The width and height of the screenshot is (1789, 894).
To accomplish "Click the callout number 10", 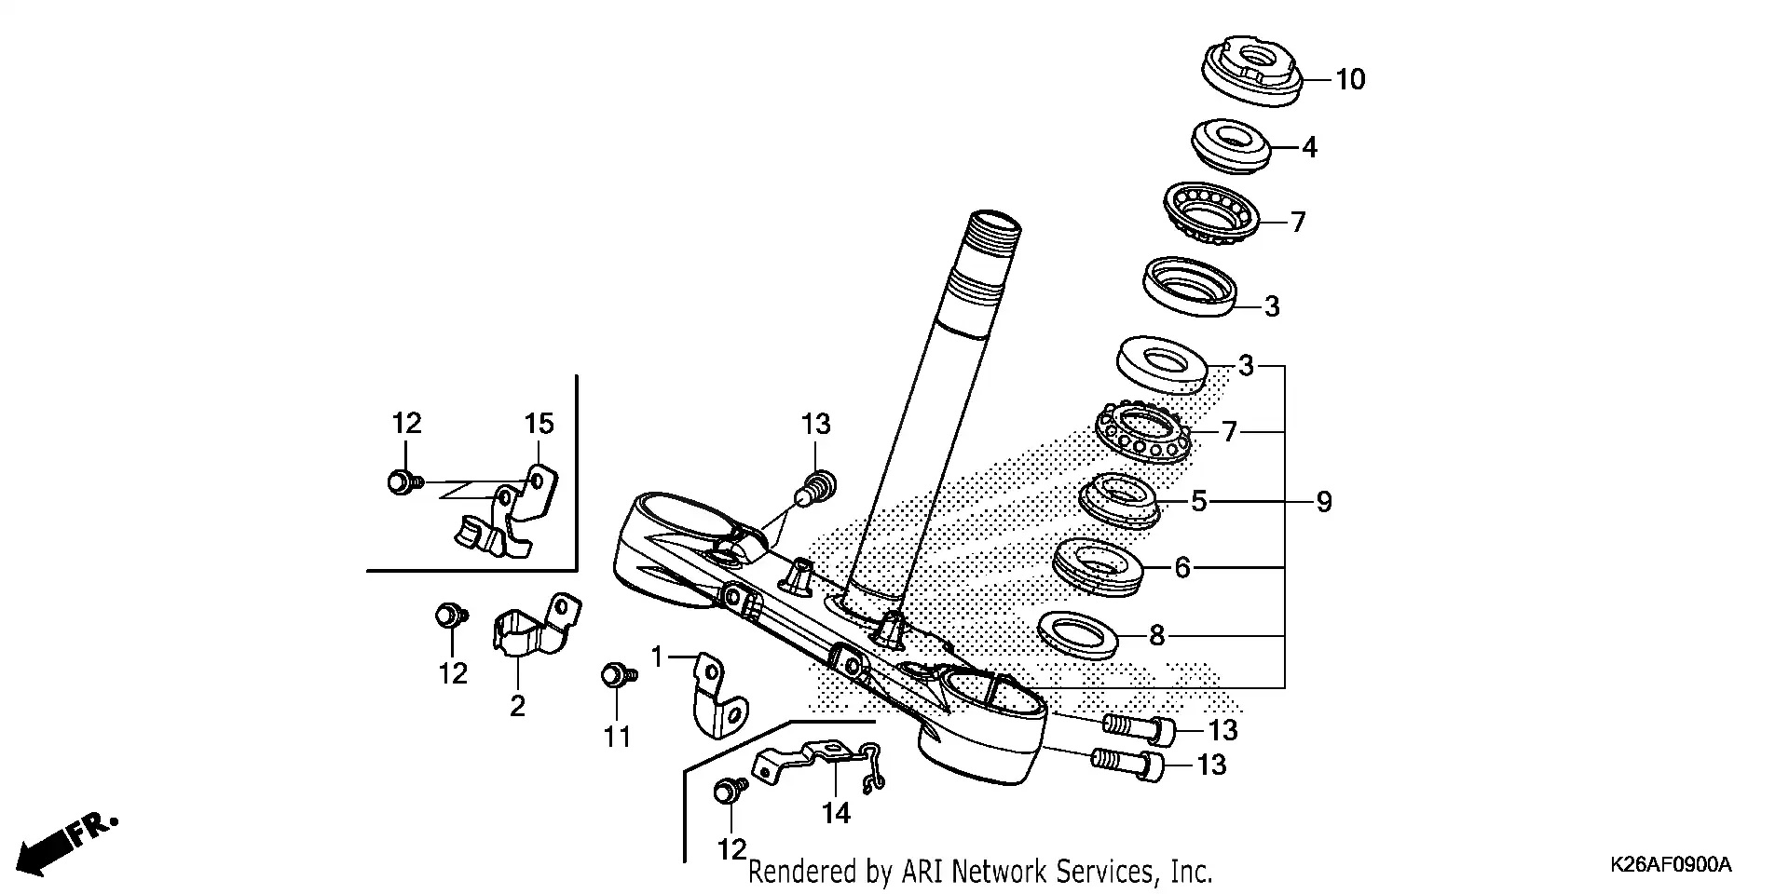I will [x=1349, y=80].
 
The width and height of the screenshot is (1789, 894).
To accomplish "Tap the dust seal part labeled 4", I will [x=1231, y=143].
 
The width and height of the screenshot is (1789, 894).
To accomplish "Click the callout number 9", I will [x=1323, y=503].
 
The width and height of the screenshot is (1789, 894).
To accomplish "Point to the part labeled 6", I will [x=1097, y=565].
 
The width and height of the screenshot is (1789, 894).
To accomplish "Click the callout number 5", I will [x=1198, y=502].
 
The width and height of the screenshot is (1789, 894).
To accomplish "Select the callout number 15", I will [x=539, y=425].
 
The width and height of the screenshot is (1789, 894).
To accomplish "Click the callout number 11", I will [x=616, y=738].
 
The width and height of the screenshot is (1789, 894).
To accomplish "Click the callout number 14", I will [x=836, y=814].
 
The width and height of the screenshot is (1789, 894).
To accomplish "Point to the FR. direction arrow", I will [x=65, y=842].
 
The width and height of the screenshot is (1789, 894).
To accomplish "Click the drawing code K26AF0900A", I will [x=1670, y=865].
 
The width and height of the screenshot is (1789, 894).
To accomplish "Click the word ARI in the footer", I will [x=918, y=873].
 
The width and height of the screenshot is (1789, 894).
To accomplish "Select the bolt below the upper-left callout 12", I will [x=402, y=482].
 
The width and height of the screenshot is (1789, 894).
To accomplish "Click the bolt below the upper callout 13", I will [x=819, y=485].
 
